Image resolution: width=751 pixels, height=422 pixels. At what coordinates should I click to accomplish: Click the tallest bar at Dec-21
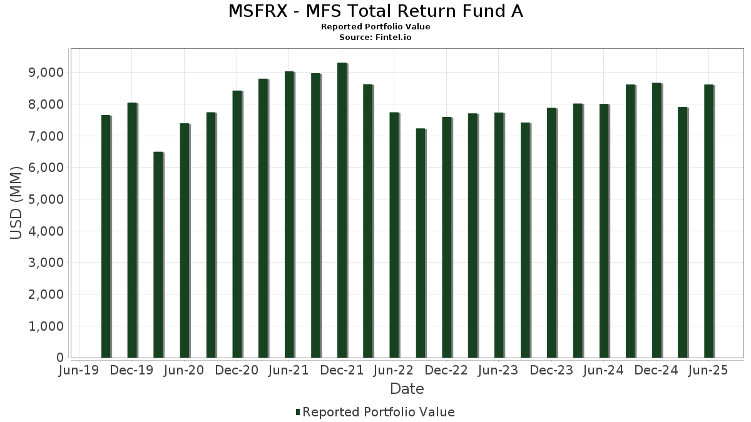click(342, 210)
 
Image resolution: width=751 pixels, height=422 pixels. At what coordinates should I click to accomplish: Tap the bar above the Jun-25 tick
click(708, 221)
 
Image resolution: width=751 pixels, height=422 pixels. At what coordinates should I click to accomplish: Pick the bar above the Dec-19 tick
click(132, 230)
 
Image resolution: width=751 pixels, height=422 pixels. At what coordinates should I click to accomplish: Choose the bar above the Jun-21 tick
click(289, 214)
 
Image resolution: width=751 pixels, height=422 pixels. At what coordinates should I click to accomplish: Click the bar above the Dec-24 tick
click(656, 220)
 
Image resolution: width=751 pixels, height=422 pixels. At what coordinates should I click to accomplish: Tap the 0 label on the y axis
click(60, 358)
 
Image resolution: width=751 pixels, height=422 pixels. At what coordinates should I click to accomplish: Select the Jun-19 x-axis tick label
click(79, 371)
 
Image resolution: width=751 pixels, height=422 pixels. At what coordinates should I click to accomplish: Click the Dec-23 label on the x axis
click(551, 371)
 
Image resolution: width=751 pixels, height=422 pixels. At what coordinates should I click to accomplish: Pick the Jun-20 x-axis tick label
click(184, 371)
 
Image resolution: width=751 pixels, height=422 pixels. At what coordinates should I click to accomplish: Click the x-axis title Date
click(407, 389)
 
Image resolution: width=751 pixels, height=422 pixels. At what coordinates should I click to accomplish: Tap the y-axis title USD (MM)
click(17, 203)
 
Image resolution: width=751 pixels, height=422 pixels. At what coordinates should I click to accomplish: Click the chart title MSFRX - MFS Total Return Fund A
click(375, 11)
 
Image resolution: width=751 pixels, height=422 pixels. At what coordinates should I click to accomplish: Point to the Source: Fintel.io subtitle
click(375, 38)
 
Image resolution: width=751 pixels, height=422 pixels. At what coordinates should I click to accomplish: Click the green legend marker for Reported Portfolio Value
click(298, 412)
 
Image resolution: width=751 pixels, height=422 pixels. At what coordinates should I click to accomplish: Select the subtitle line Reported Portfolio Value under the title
click(375, 27)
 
